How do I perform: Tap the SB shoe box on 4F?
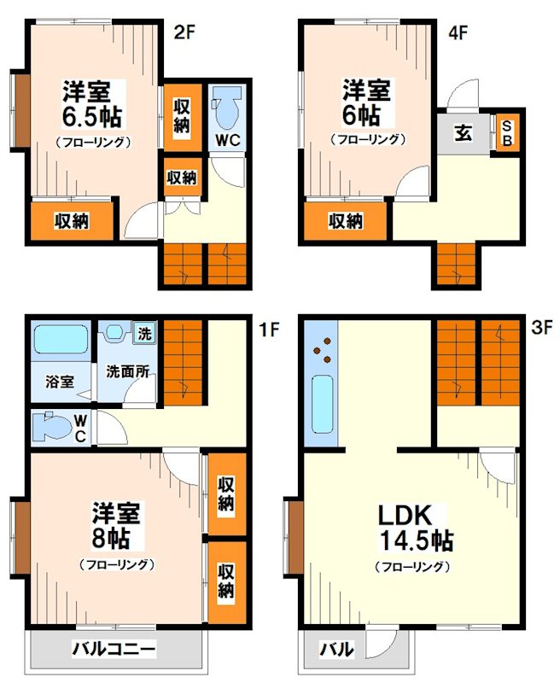click(x=506, y=134)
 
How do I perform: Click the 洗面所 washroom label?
click(x=127, y=372)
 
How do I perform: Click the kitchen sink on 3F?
click(x=324, y=404)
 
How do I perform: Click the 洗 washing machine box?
click(x=145, y=333)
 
